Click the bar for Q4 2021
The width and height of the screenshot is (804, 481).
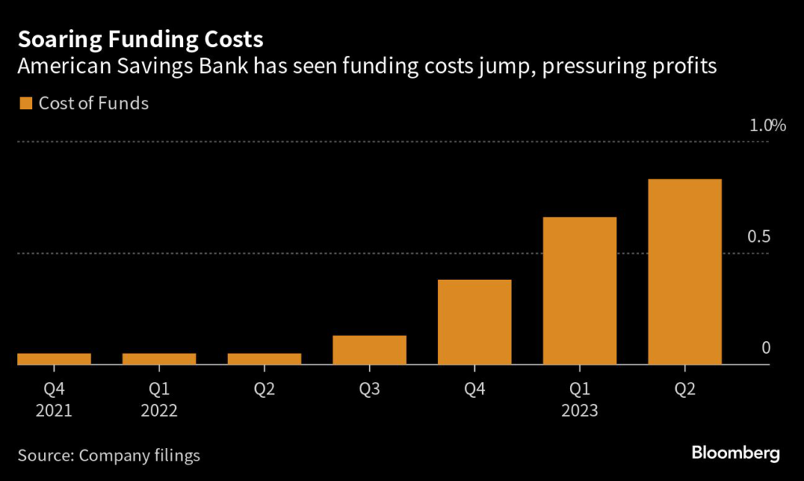click(54, 359)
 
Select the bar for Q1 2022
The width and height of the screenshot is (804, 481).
click(159, 359)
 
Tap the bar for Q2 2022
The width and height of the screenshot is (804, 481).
click(265, 359)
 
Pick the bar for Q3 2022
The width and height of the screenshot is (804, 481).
click(369, 351)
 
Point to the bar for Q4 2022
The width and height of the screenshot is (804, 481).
click(474, 322)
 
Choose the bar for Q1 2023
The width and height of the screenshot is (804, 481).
click(579, 291)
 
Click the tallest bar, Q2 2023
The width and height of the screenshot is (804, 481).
click(685, 272)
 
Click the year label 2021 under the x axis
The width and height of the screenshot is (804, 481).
click(54, 410)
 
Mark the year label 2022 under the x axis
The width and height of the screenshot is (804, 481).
click(159, 410)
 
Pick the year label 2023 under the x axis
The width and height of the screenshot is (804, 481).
click(579, 410)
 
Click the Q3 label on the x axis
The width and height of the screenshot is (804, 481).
click(369, 388)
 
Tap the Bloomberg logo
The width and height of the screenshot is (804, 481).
click(735, 453)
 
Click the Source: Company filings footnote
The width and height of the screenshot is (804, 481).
click(109, 455)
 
